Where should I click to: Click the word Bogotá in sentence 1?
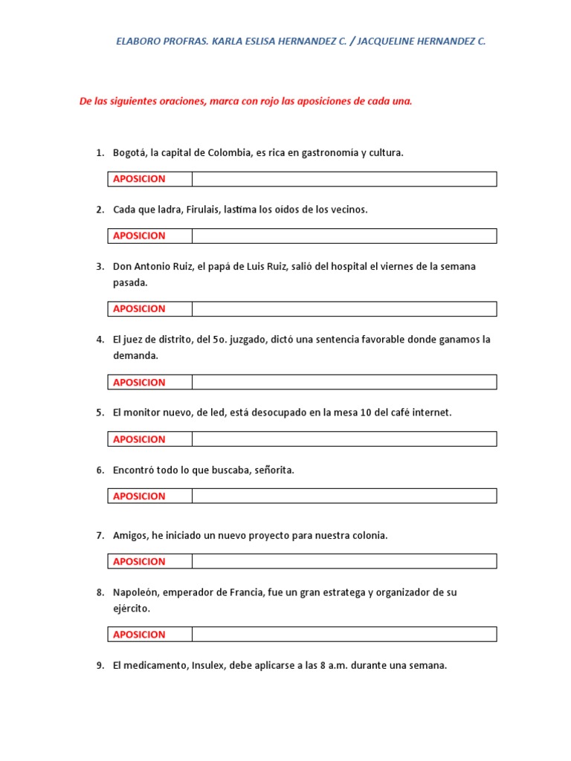click(129, 153)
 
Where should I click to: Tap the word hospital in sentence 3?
click(348, 267)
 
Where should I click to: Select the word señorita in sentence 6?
click(274, 470)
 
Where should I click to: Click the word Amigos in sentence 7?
click(130, 535)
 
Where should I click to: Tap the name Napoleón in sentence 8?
click(135, 592)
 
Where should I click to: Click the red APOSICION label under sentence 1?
click(139, 179)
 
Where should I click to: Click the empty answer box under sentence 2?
click(343, 236)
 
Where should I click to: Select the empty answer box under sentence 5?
click(343, 439)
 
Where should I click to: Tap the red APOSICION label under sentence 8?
click(139, 635)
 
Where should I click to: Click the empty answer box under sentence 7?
click(343, 561)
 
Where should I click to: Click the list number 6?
click(100, 470)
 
